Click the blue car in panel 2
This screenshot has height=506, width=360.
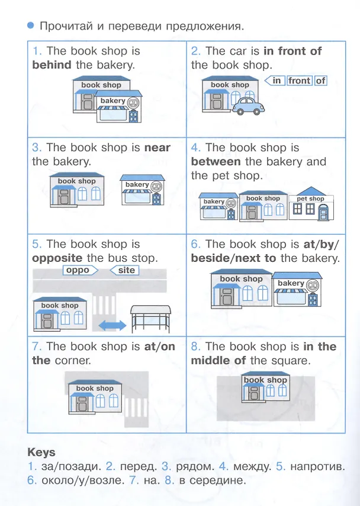pyautogui.click(x=248, y=106)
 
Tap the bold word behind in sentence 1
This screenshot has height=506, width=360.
pyautogui.click(x=52, y=65)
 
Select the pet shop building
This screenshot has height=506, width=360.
pyautogui.click(x=311, y=204)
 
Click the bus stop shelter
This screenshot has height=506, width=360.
pyautogui.click(x=150, y=319)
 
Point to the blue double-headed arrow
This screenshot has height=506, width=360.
pyautogui.click(x=112, y=325)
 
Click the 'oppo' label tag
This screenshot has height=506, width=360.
pyautogui.click(x=81, y=270)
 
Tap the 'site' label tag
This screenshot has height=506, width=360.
pyautogui.click(x=125, y=270)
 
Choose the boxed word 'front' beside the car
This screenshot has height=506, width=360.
pyautogui.click(x=300, y=81)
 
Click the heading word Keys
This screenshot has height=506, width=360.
pyautogui.click(x=41, y=452)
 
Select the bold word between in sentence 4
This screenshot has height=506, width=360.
pyautogui.click(x=216, y=161)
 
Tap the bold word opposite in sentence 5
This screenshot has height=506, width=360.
pyautogui.click(x=57, y=258)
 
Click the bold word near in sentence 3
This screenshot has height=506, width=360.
pyautogui.click(x=157, y=148)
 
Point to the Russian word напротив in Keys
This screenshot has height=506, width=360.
pyautogui.click(x=317, y=467)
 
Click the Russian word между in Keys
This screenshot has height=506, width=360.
pyautogui.click(x=252, y=467)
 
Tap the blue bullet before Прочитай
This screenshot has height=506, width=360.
pyautogui.click(x=31, y=25)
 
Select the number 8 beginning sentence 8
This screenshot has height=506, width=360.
pyautogui.click(x=194, y=347)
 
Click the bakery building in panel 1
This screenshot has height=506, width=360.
pyautogui.click(x=119, y=106)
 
